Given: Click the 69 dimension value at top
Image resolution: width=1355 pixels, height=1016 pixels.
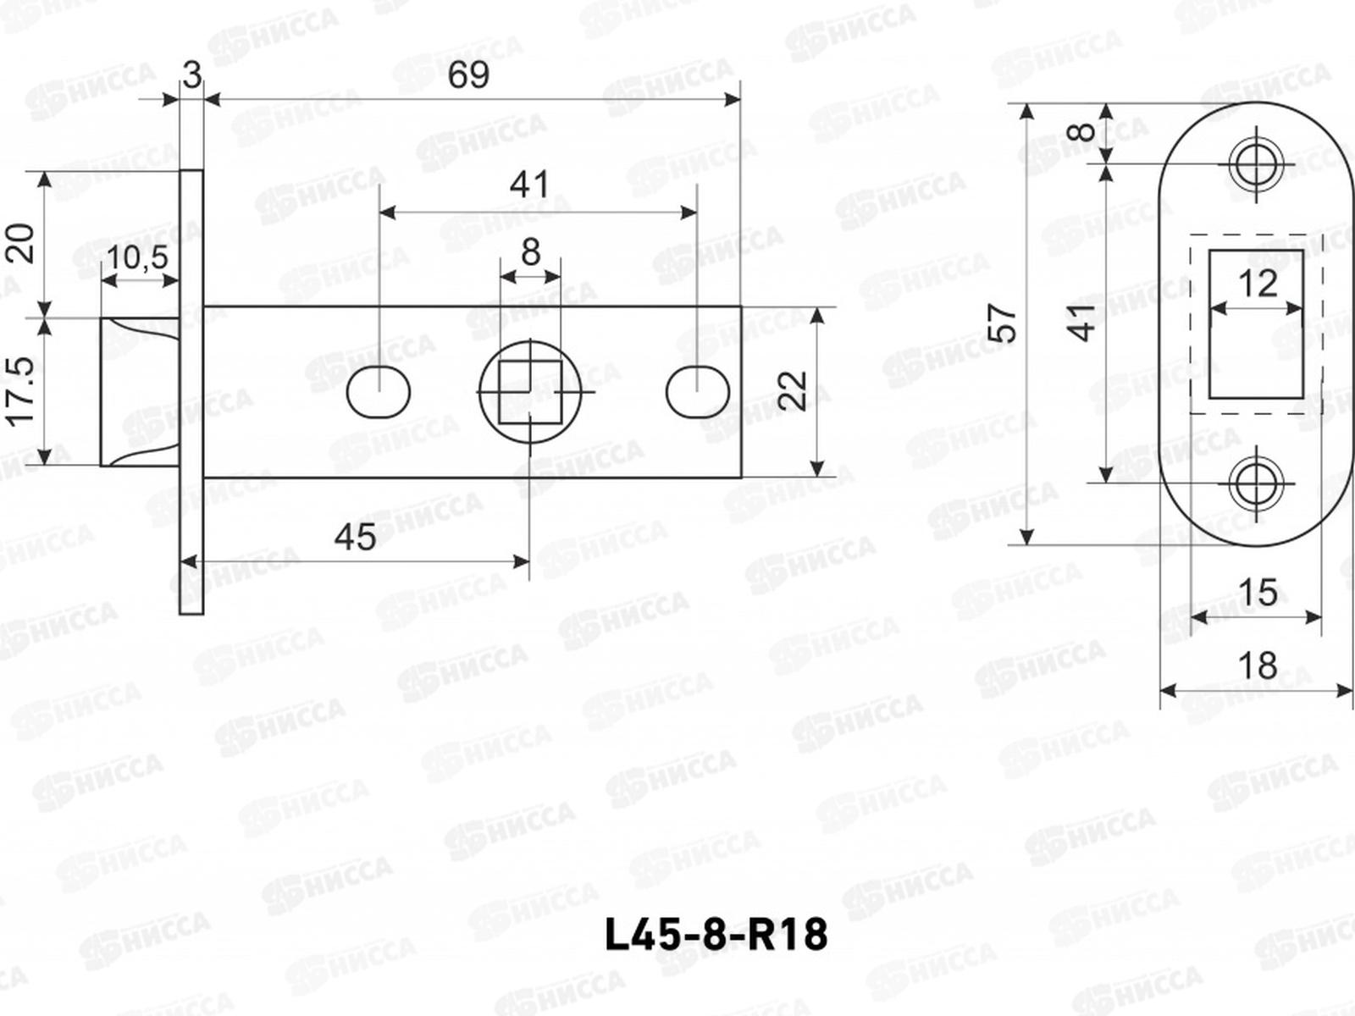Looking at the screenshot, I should tap(468, 76).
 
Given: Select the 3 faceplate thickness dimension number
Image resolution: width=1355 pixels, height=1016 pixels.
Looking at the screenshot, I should tap(192, 76).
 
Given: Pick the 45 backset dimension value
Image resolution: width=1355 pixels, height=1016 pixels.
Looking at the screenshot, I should tap(355, 537).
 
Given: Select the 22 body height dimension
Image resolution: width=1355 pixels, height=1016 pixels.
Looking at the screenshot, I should tap(794, 391).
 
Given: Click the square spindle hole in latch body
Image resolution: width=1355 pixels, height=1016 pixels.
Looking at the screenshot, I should tap(530, 392).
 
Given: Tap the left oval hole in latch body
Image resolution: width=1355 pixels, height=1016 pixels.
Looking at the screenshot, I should tap(379, 392).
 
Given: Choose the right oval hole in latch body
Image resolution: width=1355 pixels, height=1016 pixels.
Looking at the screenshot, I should tap(697, 392).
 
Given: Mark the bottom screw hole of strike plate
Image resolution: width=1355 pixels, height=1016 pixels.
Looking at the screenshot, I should tap(1255, 483).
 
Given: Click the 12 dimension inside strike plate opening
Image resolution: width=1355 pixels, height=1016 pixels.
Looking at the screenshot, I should tap(1257, 283).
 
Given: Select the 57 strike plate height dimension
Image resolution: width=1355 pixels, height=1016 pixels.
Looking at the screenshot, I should tap(1004, 322).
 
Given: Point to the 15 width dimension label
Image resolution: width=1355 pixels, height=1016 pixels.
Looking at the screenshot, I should tap(1257, 592).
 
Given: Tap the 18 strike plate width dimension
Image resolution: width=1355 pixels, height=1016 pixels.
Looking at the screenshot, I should tap(1257, 665).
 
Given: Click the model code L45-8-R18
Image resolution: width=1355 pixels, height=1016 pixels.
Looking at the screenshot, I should tap(716, 935).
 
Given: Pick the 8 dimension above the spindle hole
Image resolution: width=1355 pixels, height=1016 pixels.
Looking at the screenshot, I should tap(530, 251).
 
